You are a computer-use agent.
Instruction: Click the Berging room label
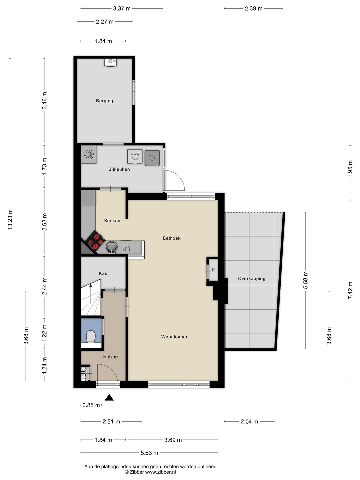104,101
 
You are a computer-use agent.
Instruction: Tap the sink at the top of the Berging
111,62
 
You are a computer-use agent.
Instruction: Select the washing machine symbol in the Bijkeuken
135,157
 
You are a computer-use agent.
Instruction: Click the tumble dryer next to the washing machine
152,158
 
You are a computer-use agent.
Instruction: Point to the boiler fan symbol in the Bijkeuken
89,154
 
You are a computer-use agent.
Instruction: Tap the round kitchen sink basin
112,247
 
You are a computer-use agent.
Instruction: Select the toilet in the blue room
91,336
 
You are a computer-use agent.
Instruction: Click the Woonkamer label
174,337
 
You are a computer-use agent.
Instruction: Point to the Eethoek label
172,238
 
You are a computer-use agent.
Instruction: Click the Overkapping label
252,278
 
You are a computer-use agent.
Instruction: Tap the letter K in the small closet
213,270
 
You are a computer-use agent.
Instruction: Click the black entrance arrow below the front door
109,397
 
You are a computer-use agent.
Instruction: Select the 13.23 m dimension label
10,219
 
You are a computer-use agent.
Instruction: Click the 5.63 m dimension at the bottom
149,453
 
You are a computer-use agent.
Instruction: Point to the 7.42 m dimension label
350,290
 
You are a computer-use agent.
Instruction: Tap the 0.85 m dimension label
91,405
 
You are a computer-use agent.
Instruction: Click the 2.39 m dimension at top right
253,8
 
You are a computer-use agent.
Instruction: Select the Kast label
104,273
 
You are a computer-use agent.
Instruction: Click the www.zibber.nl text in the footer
160,472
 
